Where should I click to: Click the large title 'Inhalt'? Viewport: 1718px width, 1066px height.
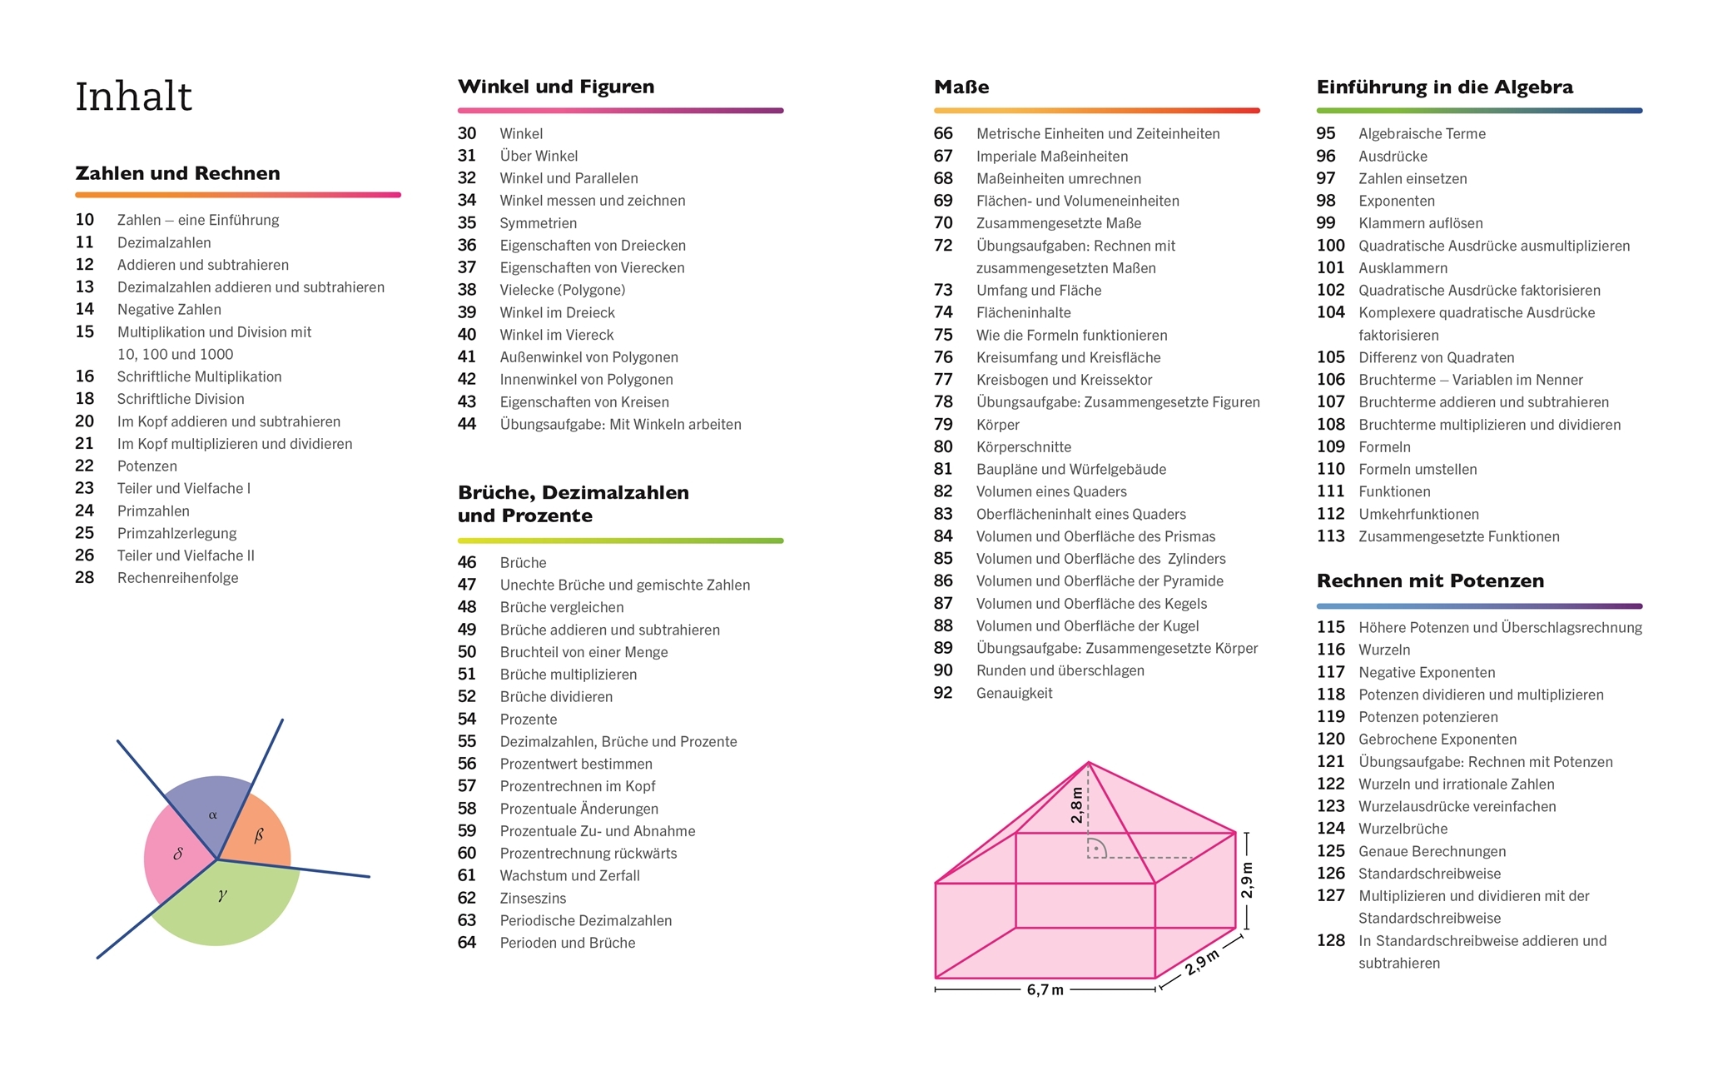pyautogui.click(x=133, y=97)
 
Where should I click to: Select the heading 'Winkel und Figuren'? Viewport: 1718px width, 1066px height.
pyautogui.click(x=556, y=87)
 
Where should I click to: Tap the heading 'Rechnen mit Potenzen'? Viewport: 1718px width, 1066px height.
pyautogui.click(x=1430, y=581)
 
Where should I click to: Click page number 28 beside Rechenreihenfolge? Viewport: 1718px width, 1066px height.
pyautogui.click(x=85, y=578)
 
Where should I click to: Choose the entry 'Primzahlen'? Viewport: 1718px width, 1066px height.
pyautogui.click(x=153, y=511)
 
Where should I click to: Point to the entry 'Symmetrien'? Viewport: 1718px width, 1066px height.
pyautogui.click(x=538, y=223)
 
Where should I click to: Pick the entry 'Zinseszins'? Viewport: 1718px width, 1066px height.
pyautogui.click(x=533, y=899)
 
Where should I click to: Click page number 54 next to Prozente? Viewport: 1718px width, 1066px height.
pyautogui.click(x=467, y=720)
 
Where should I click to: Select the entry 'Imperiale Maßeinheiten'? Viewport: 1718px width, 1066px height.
pyautogui.click(x=1052, y=157)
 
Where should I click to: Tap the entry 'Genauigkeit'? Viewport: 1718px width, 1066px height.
pyautogui.click(x=1014, y=694)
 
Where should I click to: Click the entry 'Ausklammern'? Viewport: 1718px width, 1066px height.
pyautogui.click(x=1403, y=268)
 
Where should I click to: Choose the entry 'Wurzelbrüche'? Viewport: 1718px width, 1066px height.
pyautogui.click(x=1403, y=829)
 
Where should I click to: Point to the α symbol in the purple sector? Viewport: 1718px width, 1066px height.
pyautogui.click(x=213, y=814)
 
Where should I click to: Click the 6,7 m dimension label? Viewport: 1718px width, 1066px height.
pyautogui.click(x=1045, y=990)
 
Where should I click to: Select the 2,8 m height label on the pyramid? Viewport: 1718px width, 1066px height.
pyautogui.click(x=1077, y=805)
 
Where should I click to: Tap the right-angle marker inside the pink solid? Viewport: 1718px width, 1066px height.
pyautogui.click(x=1097, y=849)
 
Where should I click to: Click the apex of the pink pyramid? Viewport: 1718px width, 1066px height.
pyautogui.click(x=1088, y=762)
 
